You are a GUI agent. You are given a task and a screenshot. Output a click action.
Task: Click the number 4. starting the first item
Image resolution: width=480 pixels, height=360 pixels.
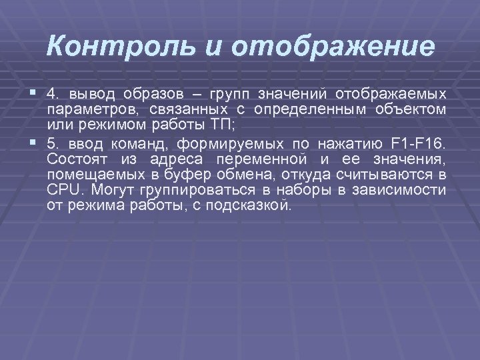(53, 92)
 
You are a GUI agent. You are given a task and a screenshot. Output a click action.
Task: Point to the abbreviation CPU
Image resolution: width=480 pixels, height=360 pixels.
(62, 190)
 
